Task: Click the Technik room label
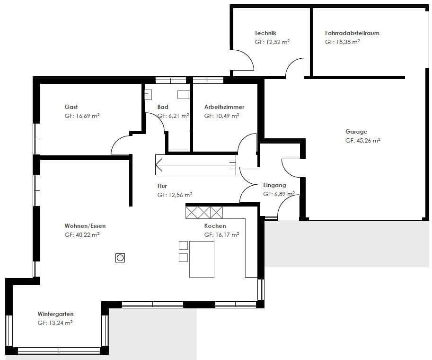coord(265,33)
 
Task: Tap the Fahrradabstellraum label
coord(352,33)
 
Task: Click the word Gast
coord(71,107)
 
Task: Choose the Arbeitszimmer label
coord(224,107)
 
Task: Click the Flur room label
coord(162,186)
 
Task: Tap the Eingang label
coord(274,185)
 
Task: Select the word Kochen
coord(215,226)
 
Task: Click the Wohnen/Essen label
coord(85,226)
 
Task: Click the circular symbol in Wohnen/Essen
coord(120,258)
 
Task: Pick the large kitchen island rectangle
coord(202,259)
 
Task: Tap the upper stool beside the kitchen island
coord(183,245)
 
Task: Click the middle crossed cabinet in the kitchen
coord(204,212)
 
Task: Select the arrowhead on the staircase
coord(159,165)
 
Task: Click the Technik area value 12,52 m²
coord(272,42)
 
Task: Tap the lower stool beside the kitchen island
coord(183,258)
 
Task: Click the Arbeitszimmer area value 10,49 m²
coord(221,116)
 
